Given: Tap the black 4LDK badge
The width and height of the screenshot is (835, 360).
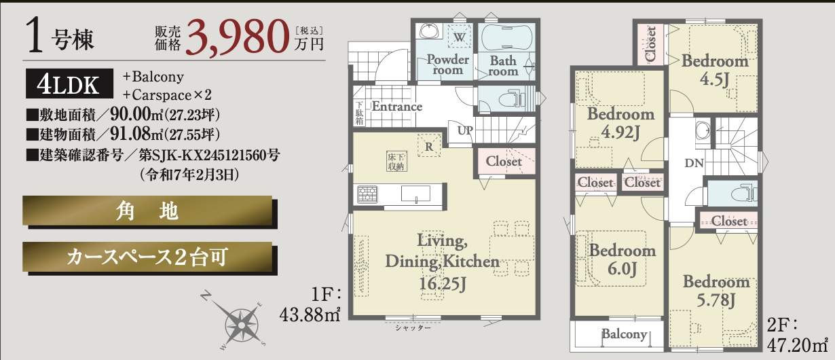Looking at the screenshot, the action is (69, 84).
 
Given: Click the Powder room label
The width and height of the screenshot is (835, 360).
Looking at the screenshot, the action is (447, 65).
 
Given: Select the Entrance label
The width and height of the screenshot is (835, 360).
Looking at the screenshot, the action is (397, 107).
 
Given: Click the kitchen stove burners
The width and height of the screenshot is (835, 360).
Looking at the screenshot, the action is (367, 194).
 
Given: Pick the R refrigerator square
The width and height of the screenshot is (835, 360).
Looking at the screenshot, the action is (429, 146).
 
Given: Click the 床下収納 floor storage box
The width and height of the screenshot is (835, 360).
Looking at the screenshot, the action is (396, 161).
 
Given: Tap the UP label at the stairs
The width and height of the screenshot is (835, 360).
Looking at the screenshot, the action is (465, 130).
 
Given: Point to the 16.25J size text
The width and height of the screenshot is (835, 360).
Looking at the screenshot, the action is (443, 283).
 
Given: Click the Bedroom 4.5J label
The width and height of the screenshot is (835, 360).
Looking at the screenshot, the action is (715, 70).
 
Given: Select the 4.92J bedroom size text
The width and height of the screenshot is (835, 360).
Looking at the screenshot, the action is (620, 132).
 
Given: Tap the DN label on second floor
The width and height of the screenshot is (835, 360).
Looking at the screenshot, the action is (694, 163).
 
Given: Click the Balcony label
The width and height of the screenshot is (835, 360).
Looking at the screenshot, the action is (625, 334).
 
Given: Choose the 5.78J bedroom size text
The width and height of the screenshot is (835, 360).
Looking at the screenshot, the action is (716, 300).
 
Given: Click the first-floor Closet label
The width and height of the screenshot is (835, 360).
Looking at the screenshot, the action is (504, 161).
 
